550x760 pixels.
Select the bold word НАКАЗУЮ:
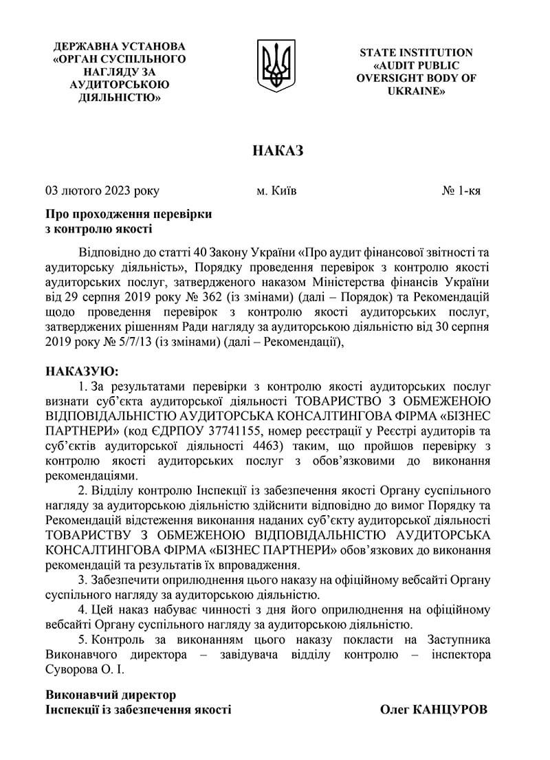tap(82, 371)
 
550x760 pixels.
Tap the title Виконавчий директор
tap(111, 695)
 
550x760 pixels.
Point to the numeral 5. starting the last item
tap(84, 640)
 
